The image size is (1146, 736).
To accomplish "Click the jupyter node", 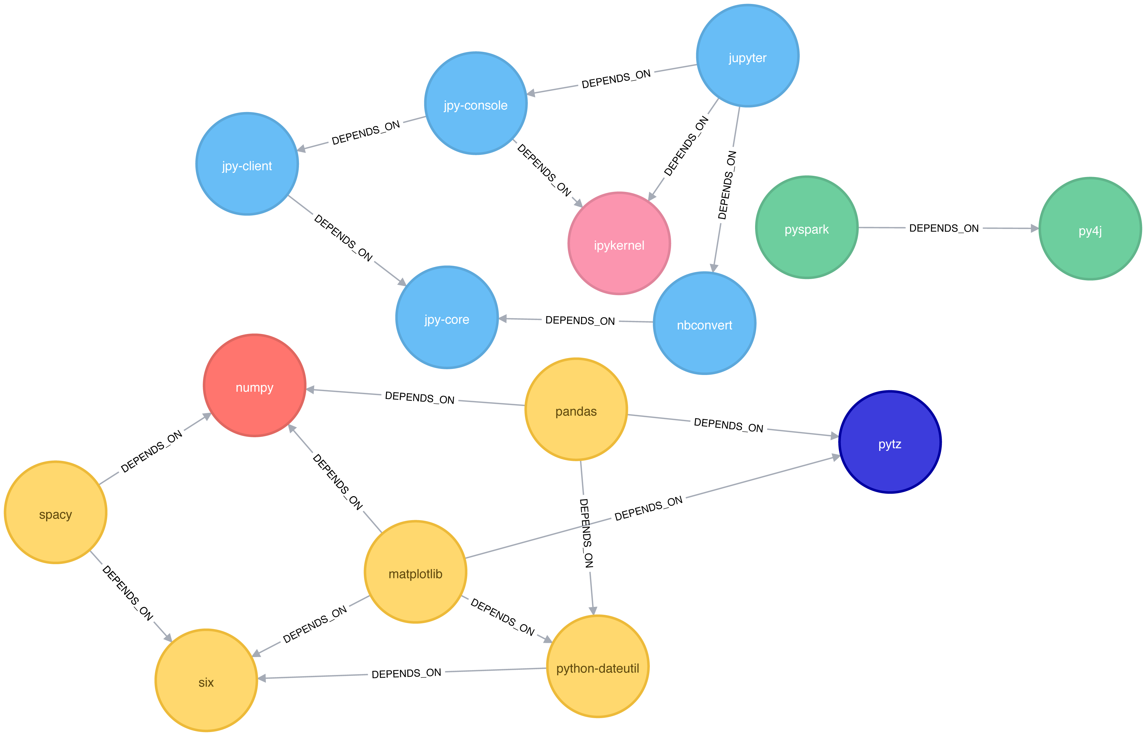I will coord(748,56).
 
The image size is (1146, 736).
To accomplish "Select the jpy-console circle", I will coord(476,103).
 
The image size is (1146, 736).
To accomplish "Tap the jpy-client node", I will coord(247,164).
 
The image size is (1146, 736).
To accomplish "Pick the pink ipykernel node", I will coord(619,243).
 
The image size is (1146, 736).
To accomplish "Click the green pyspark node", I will coord(807,227).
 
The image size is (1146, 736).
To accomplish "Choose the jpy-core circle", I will coord(447,317).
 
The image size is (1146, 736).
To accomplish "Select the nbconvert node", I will coord(705,323).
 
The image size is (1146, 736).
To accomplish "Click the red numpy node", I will coord(255,385).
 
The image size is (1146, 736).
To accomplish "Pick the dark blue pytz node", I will coord(890,442).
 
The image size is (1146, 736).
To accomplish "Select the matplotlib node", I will coord(415,572).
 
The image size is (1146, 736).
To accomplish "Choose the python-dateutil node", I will coord(598,666).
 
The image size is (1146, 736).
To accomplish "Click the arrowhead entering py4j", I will coord(1034,228).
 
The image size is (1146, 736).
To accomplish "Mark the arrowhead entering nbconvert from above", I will coord(714,267).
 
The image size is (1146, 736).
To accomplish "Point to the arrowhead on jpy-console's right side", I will coord(531,93).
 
